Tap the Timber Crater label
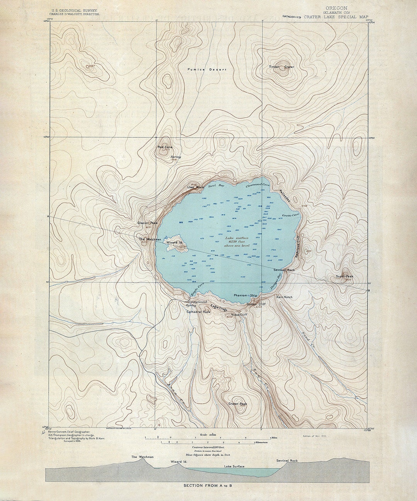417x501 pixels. (x=281, y=67)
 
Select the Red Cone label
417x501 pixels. (x=165, y=147)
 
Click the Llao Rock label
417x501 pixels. (x=195, y=187)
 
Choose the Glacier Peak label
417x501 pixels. (x=147, y=223)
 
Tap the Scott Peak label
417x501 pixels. (x=344, y=276)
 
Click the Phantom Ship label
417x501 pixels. (x=245, y=295)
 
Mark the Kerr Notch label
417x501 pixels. (x=285, y=297)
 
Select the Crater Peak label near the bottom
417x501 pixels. (x=237, y=404)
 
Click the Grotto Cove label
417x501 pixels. (x=290, y=215)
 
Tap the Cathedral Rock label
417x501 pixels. (x=199, y=312)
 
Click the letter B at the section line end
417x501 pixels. (x=369, y=290)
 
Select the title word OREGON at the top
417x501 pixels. (x=336, y=8)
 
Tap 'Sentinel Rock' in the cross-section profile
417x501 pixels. (x=287, y=461)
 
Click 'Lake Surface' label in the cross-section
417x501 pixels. (x=234, y=467)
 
